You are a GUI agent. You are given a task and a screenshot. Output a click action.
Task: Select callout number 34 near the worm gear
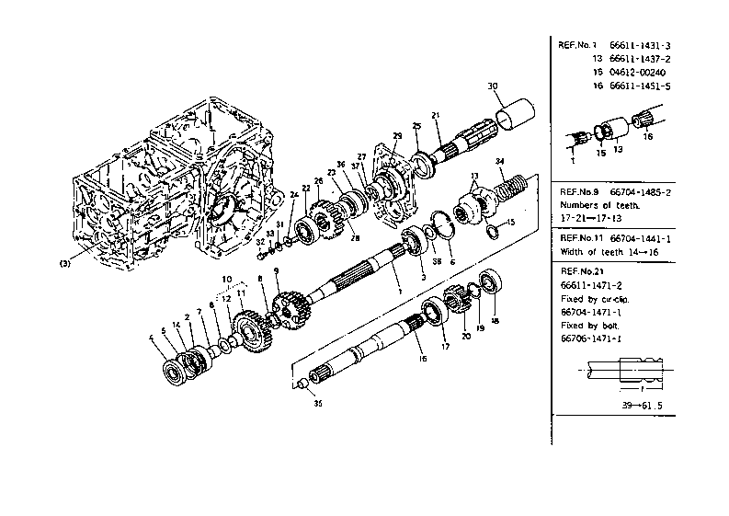500,163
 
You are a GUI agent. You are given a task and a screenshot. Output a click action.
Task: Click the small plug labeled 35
304,387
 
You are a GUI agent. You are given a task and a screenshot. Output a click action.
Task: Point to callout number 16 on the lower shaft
423,358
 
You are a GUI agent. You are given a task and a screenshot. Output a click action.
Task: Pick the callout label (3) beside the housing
65,263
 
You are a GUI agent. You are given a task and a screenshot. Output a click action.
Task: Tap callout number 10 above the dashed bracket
225,278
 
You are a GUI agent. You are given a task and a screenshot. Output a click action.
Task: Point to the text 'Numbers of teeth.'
599,205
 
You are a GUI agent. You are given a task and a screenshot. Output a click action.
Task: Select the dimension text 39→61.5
635,404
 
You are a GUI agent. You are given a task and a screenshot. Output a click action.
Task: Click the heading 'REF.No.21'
581,272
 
